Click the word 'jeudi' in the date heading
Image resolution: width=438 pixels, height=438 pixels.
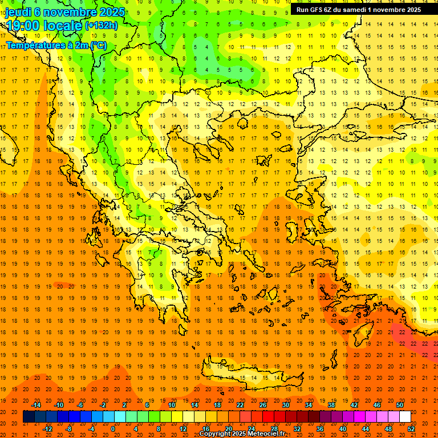click(x=18, y=12)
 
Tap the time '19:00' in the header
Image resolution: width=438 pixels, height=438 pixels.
click(x=25, y=26)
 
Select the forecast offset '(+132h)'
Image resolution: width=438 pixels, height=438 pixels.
click(x=101, y=25)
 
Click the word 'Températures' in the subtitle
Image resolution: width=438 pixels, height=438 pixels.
click(x=33, y=45)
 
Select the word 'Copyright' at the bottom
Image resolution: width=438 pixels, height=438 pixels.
click(x=215, y=434)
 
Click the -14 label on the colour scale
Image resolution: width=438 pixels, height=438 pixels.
click(x=36, y=404)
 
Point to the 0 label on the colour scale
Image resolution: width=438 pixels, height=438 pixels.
click(x=113, y=429)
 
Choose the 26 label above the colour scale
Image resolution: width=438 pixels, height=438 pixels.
click(x=262, y=404)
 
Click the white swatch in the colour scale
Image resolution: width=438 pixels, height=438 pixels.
click(x=405, y=417)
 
